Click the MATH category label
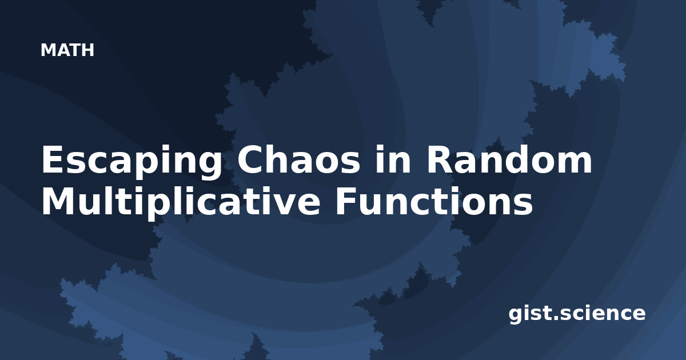[67, 50]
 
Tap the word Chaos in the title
[298, 160]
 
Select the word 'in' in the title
[393, 159]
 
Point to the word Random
[509, 159]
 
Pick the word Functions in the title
[434, 201]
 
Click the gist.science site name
[577, 314]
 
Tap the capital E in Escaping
[53, 159]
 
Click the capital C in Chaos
[250, 160]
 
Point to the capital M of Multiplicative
[57, 201]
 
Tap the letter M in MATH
[48, 50]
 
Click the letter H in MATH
[87, 50]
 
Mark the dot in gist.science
[555, 318]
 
